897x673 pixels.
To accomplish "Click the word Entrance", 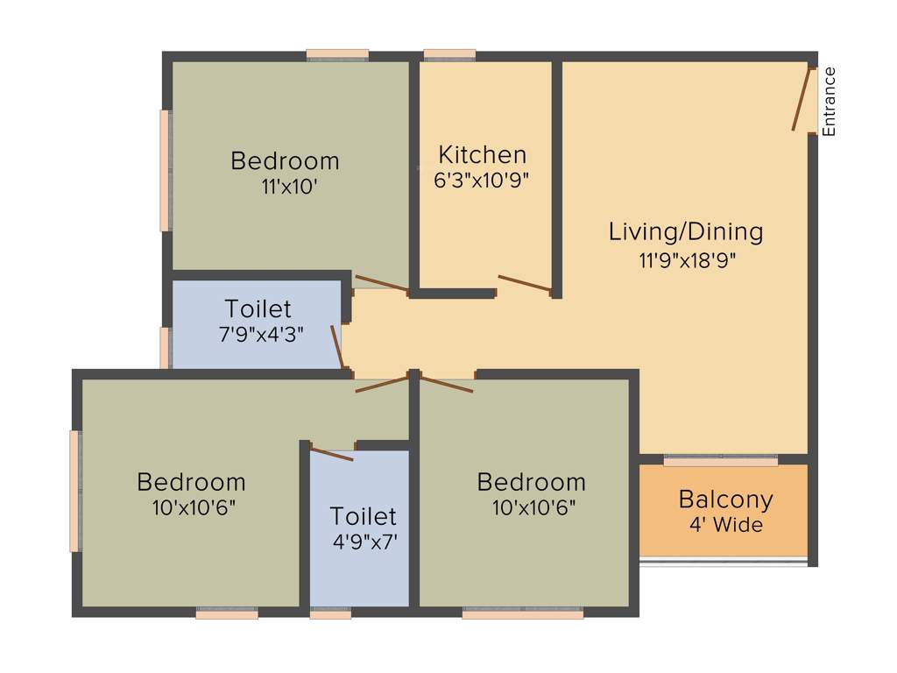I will pos(829,101).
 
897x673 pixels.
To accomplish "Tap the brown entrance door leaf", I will pos(801,100).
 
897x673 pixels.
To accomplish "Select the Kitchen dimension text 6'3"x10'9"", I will pos(482,181).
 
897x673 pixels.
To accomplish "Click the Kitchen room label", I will pos(483,155).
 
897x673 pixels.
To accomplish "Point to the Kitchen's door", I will pos(524,282).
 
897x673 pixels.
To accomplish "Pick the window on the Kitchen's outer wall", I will pos(449,55).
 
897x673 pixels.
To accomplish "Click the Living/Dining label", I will pos(686,232).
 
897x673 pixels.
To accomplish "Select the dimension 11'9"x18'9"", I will pos(686,259).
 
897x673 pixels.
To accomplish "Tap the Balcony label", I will pos(726,500).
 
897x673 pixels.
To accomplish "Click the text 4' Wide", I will pos(726,526).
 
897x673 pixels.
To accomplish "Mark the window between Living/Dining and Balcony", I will pos(720,460).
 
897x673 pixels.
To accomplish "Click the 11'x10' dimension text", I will pos(285,187).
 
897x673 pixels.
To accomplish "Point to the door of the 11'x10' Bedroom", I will pos(381,282).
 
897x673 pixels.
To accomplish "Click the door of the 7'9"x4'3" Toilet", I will pos(336,347).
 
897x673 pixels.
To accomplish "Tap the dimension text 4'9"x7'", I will pos(364,542).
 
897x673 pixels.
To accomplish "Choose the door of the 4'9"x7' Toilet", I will pos(332,453).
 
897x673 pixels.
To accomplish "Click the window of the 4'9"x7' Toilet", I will pos(331,614).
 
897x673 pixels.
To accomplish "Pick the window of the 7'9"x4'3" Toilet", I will pos(165,347).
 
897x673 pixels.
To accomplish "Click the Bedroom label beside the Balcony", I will pos(531,482).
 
